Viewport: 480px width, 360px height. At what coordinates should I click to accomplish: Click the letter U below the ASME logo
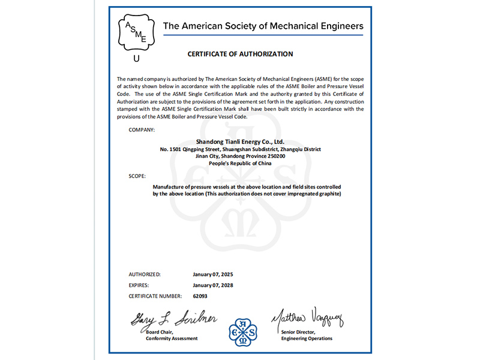(136, 59)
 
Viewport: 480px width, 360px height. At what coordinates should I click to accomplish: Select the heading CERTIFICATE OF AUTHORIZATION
(240, 54)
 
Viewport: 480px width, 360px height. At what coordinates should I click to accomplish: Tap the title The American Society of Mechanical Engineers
(263, 26)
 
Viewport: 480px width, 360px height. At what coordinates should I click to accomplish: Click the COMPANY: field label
(142, 130)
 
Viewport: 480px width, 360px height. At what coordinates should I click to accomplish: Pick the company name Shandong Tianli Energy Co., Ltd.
(240, 142)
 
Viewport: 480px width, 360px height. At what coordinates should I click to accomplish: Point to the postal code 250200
(275, 156)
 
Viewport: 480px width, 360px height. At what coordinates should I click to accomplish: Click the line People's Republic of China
(240, 163)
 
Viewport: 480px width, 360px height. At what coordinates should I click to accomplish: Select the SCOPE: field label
(137, 176)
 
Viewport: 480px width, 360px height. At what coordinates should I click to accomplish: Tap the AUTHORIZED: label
(145, 274)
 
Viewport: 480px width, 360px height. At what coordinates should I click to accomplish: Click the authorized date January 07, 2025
(213, 274)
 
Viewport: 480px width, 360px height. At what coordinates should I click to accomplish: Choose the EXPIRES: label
(140, 285)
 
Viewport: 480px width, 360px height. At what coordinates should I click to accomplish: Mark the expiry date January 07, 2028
(213, 285)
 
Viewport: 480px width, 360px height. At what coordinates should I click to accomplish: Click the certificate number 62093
(200, 296)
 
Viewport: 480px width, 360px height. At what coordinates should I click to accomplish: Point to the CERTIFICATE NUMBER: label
(155, 296)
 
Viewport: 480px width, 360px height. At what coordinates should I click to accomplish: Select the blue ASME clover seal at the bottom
(242, 332)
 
